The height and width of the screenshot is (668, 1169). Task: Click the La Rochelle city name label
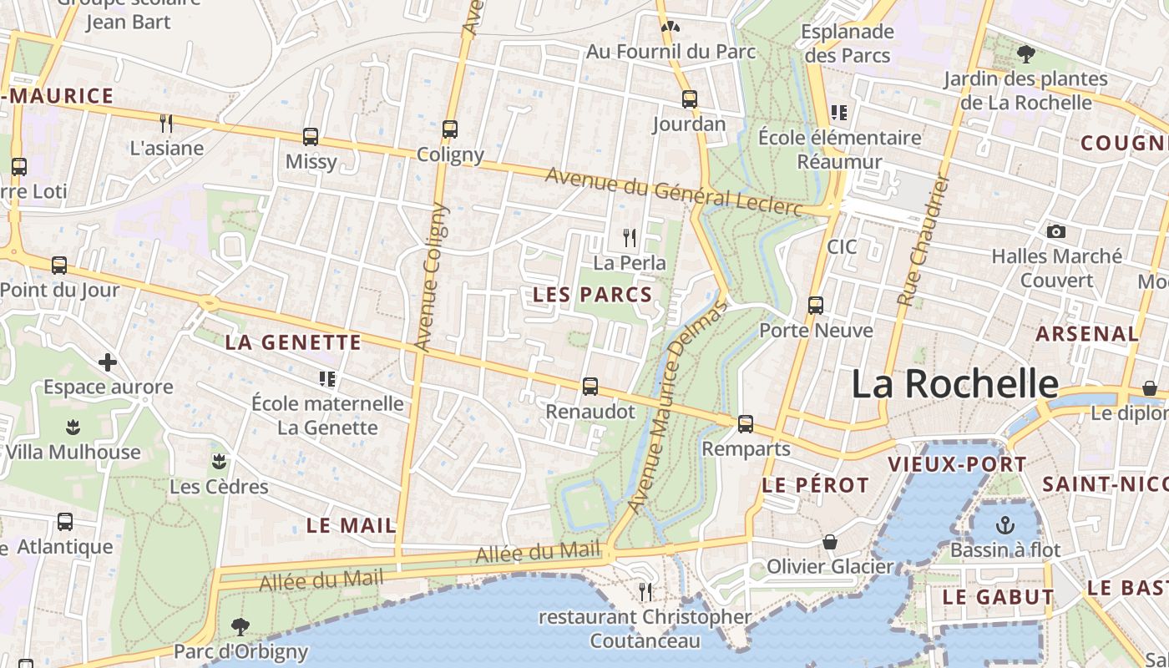coord(954,384)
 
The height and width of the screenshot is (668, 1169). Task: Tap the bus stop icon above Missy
coord(311,136)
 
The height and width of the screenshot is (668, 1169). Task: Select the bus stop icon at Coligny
coord(450,129)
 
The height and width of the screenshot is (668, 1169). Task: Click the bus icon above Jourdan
coord(690,99)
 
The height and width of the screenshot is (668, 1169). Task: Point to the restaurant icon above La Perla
coord(630,238)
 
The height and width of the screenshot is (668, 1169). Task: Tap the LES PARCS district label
coord(592,294)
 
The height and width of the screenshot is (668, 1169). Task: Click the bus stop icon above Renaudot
coord(590,387)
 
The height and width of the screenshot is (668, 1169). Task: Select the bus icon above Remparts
coord(746,424)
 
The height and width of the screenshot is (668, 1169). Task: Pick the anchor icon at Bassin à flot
coord(1005,525)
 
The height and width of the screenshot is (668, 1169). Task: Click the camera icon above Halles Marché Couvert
coord(1056,232)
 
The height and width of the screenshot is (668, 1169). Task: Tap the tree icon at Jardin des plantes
coord(1026,54)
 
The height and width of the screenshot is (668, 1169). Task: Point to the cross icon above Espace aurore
coord(108,362)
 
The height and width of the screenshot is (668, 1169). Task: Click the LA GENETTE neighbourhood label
coord(293,342)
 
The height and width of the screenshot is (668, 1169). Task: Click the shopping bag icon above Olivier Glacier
coord(830,543)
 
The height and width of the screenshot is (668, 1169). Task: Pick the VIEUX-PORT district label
coord(945,464)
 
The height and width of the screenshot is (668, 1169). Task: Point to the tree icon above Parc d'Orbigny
coord(240,626)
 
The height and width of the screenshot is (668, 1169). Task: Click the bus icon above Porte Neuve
coord(816,306)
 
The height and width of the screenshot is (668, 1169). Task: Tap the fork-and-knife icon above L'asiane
coord(166,124)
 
